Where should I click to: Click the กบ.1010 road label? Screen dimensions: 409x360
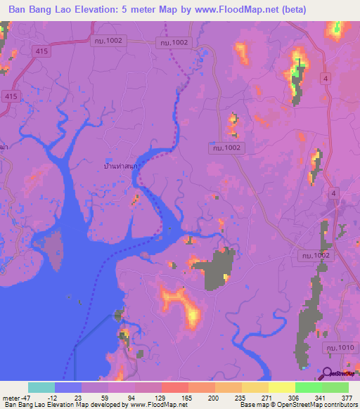coord(339,348)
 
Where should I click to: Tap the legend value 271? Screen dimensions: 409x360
coord(267,397)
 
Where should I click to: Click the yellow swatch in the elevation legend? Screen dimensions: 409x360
coord(281,387)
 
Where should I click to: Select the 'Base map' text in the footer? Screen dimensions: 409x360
coord(252,405)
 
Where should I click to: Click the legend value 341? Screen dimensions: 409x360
coord(321,397)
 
